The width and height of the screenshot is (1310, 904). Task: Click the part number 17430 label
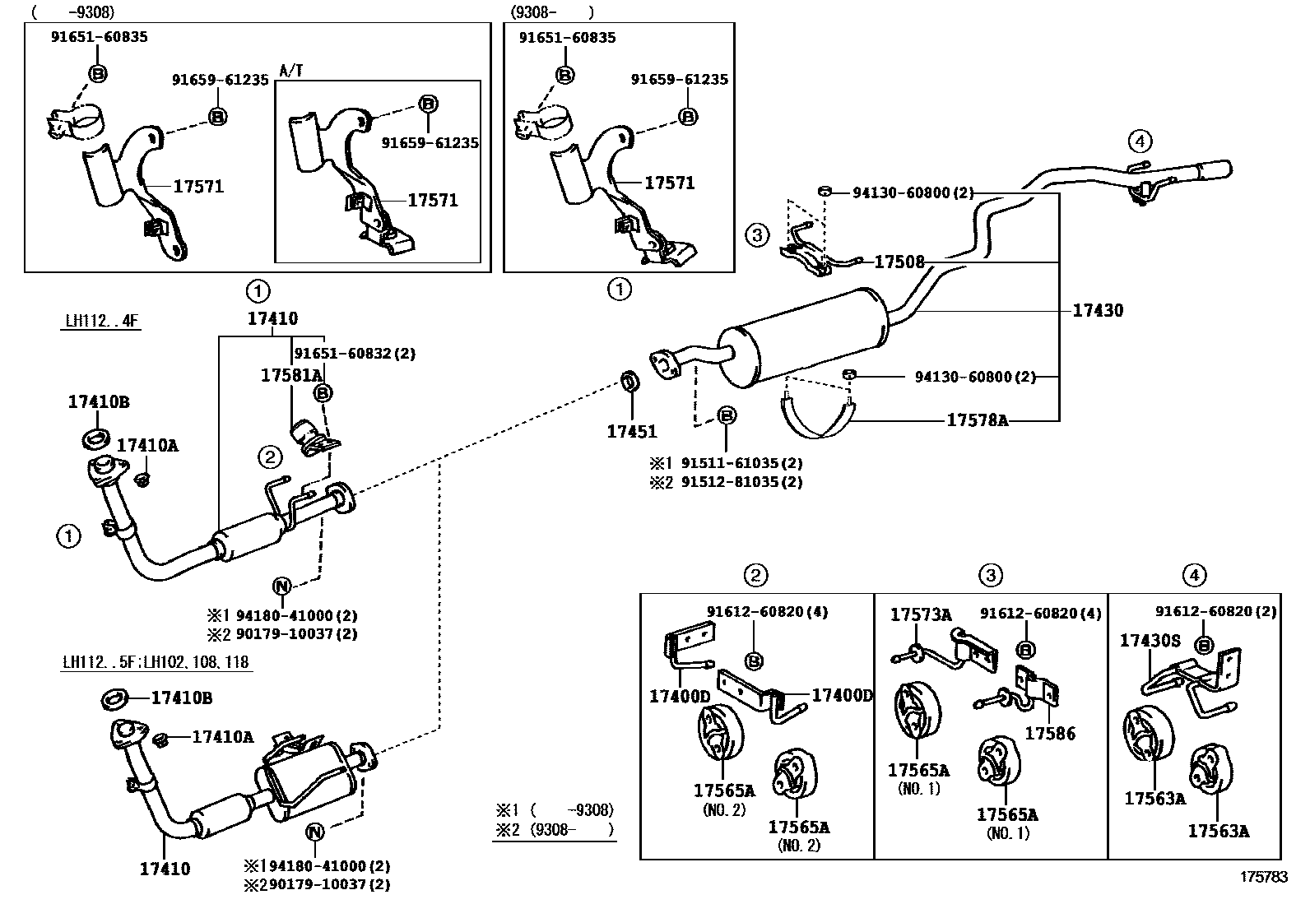1098,311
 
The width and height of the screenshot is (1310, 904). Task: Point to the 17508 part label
899,262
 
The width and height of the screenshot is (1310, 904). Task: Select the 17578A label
977,420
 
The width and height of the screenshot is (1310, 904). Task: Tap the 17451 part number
632,431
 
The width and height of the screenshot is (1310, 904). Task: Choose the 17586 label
1050,734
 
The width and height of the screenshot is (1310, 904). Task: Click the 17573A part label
921,614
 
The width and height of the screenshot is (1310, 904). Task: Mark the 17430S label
1150,640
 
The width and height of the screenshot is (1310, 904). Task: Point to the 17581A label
291,375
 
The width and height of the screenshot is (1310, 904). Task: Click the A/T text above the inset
291,71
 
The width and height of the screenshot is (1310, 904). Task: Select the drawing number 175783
1264,877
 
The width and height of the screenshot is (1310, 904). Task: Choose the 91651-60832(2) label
355,354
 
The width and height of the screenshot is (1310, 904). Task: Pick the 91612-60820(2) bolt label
1215,611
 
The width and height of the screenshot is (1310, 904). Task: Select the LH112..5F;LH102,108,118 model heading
156,663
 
